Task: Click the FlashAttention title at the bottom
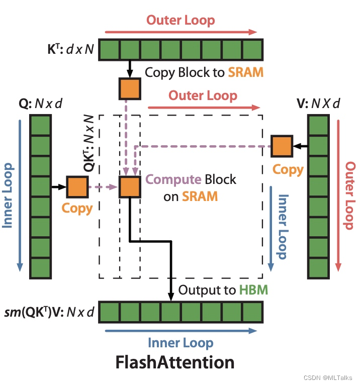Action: coord(174,362)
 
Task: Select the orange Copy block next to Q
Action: coord(77,186)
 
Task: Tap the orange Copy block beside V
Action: coord(282,146)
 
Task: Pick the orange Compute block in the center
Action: coord(130,186)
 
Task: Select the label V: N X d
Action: coord(318,104)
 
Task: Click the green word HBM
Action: coord(253,290)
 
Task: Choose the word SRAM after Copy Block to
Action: coord(245,72)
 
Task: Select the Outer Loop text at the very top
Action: coord(181,21)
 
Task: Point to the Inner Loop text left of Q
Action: coord(8,195)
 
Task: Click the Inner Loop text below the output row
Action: coord(181,343)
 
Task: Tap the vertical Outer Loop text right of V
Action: coord(350,195)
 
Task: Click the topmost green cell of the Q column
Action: coord(41,124)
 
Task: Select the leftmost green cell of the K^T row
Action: coord(109,50)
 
